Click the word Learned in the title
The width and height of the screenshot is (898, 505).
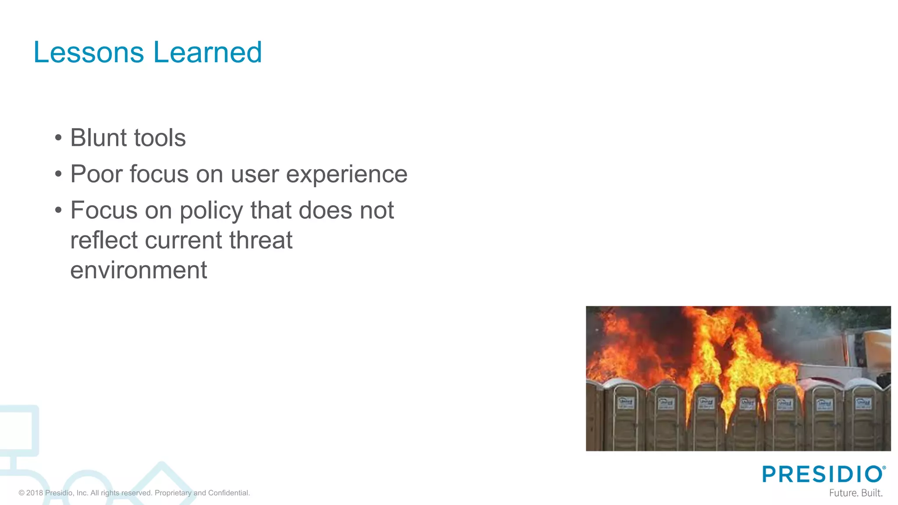tap(207, 53)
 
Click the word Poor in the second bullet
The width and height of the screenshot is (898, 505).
tap(96, 174)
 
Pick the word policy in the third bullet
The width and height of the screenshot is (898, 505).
tap(211, 211)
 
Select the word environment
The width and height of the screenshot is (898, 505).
tap(139, 270)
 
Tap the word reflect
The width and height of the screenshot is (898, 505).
tap(103, 240)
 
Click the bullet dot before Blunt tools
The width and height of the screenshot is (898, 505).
tap(59, 138)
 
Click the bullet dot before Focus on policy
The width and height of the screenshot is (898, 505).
tap(59, 210)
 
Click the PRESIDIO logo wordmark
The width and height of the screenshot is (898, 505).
tap(822, 474)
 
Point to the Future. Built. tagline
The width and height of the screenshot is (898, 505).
tap(855, 493)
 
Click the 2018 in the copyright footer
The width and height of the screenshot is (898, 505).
tap(35, 493)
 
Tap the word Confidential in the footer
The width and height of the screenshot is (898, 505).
tap(229, 493)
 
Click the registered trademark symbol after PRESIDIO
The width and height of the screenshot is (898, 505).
tap(884, 468)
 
